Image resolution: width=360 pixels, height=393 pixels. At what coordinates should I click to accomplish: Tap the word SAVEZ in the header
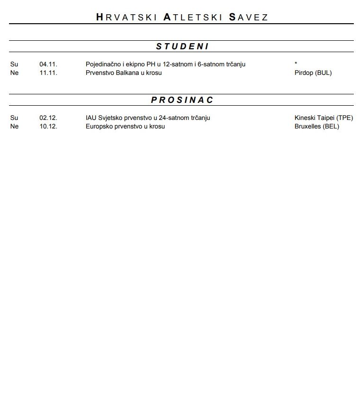[x=249, y=18]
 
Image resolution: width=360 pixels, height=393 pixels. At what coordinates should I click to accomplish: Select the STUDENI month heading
[x=182, y=46]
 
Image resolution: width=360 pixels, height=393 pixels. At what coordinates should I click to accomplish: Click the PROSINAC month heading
[x=182, y=100]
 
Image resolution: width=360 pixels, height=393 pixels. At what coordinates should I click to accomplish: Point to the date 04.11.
[x=48, y=64]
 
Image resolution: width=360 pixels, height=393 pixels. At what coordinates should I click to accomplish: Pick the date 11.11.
[x=48, y=73]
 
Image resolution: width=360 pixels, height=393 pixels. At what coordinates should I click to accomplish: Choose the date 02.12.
[x=48, y=118]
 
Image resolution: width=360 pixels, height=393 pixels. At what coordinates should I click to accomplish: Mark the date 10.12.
[x=48, y=127]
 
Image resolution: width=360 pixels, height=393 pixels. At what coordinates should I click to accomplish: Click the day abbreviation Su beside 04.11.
[x=14, y=64]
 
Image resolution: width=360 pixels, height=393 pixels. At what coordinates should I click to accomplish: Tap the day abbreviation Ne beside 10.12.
[x=14, y=127]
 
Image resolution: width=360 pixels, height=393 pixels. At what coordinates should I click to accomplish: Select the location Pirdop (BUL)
[x=313, y=73]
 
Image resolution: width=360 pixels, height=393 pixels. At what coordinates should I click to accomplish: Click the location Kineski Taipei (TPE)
[x=324, y=118]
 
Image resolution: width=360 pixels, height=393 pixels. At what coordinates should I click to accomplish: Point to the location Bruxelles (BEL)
[x=317, y=127]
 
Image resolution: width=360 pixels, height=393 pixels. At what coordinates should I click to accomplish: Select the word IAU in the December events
[x=91, y=118]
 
